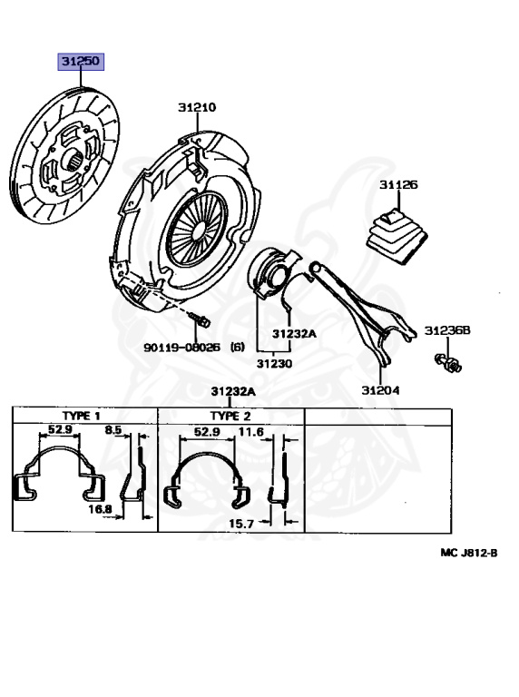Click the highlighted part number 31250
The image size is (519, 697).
(81, 62)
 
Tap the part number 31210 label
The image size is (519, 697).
(197, 108)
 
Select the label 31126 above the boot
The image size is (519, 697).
(398, 184)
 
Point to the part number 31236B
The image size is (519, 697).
(447, 330)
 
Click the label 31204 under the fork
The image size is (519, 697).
(380, 390)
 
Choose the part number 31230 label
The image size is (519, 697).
(274, 364)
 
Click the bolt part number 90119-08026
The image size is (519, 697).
(181, 348)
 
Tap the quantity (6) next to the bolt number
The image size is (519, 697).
(238, 348)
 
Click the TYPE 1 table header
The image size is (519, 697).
(81, 416)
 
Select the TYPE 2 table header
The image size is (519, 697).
(230, 416)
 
